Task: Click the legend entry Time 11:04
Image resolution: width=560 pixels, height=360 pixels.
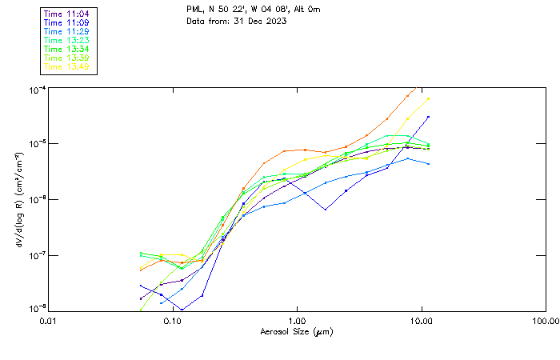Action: pyautogui.click(x=66, y=14)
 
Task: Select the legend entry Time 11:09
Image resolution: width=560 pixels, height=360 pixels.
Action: pyautogui.click(x=66, y=23)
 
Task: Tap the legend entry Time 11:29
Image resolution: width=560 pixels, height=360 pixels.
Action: pyautogui.click(x=66, y=32)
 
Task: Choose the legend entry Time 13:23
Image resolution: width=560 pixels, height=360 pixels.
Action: pyautogui.click(x=66, y=41)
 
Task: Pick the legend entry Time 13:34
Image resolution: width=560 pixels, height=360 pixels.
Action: pyautogui.click(x=66, y=50)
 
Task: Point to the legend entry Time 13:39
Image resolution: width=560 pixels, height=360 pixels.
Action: pyautogui.click(x=66, y=58)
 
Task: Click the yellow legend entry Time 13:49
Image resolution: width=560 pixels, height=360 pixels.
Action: pyautogui.click(x=66, y=67)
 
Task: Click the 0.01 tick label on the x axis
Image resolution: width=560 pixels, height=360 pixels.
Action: pyautogui.click(x=49, y=321)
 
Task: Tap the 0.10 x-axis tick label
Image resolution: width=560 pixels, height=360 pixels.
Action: pyautogui.click(x=173, y=321)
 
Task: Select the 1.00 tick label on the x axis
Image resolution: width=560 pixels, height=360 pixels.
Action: pyautogui.click(x=297, y=321)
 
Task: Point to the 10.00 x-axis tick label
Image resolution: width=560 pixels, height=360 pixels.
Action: pyautogui.click(x=421, y=321)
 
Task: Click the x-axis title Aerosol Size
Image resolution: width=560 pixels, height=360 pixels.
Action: pyautogui.click(x=296, y=331)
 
